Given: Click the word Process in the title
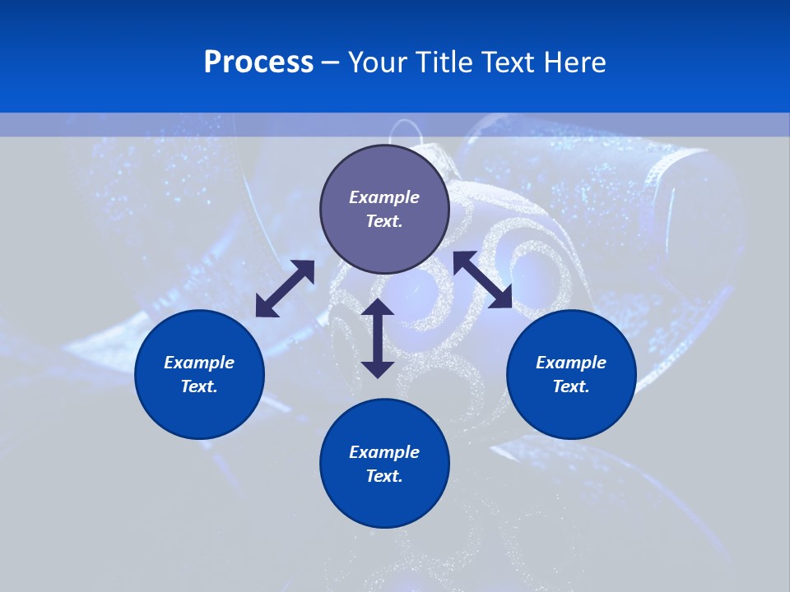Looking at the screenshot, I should [258, 62].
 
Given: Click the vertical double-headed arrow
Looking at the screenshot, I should [378, 338].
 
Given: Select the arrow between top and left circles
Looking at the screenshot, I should [285, 289].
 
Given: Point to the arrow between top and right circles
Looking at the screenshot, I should [483, 280].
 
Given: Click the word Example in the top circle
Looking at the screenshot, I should [384, 197].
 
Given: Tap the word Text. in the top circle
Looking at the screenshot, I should [384, 221].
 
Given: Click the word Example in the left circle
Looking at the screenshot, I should [199, 363].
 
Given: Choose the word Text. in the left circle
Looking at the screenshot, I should [199, 386].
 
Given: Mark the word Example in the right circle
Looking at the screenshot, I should [571, 363].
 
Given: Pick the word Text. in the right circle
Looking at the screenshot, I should [571, 386].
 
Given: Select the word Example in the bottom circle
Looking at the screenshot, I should [384, 452].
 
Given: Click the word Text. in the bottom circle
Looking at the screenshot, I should [384, 476].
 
